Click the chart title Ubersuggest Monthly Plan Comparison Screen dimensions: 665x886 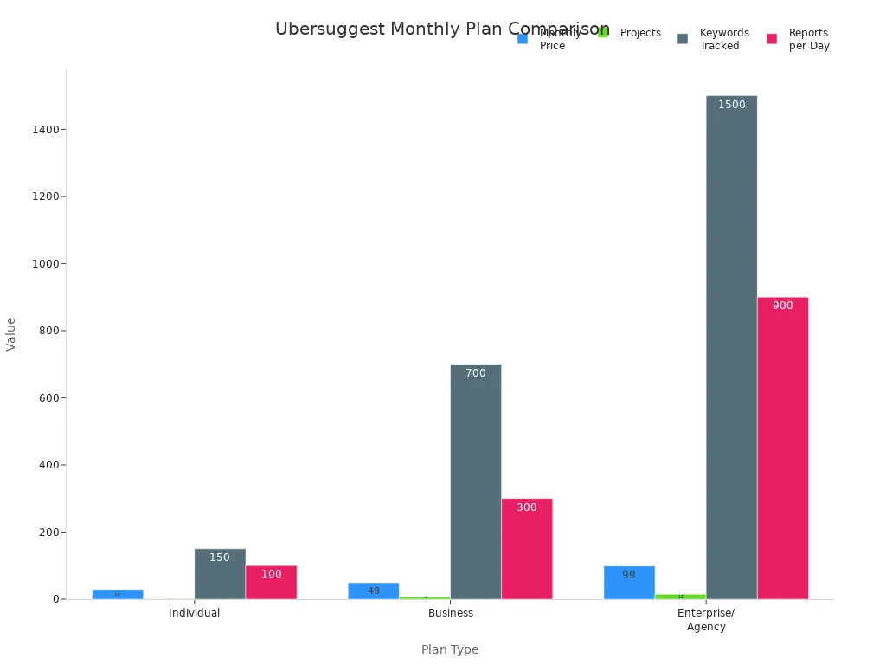(x=442, y=29)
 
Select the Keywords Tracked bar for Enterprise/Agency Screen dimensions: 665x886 (x=731, y=347)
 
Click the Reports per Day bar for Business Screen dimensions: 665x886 (x=526, y=549)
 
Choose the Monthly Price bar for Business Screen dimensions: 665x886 (x=373, y=591)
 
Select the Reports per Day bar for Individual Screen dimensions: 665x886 (x=271, y=583)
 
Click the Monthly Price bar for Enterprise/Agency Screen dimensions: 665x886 (x=629, y=583)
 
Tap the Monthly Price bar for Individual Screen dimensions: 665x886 (x=118, y=594)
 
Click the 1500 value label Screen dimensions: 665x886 (x=731, y=105)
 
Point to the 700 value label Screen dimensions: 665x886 (x=475, y=373)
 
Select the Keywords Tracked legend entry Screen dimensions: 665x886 (x=723, y=39)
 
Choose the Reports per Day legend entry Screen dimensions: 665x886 (x=808, y=39)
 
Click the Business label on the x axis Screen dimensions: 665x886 (x=451, y=613)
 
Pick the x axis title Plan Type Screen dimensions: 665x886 (x=450, y=649)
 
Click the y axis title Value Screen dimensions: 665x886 (x=11, y=333)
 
